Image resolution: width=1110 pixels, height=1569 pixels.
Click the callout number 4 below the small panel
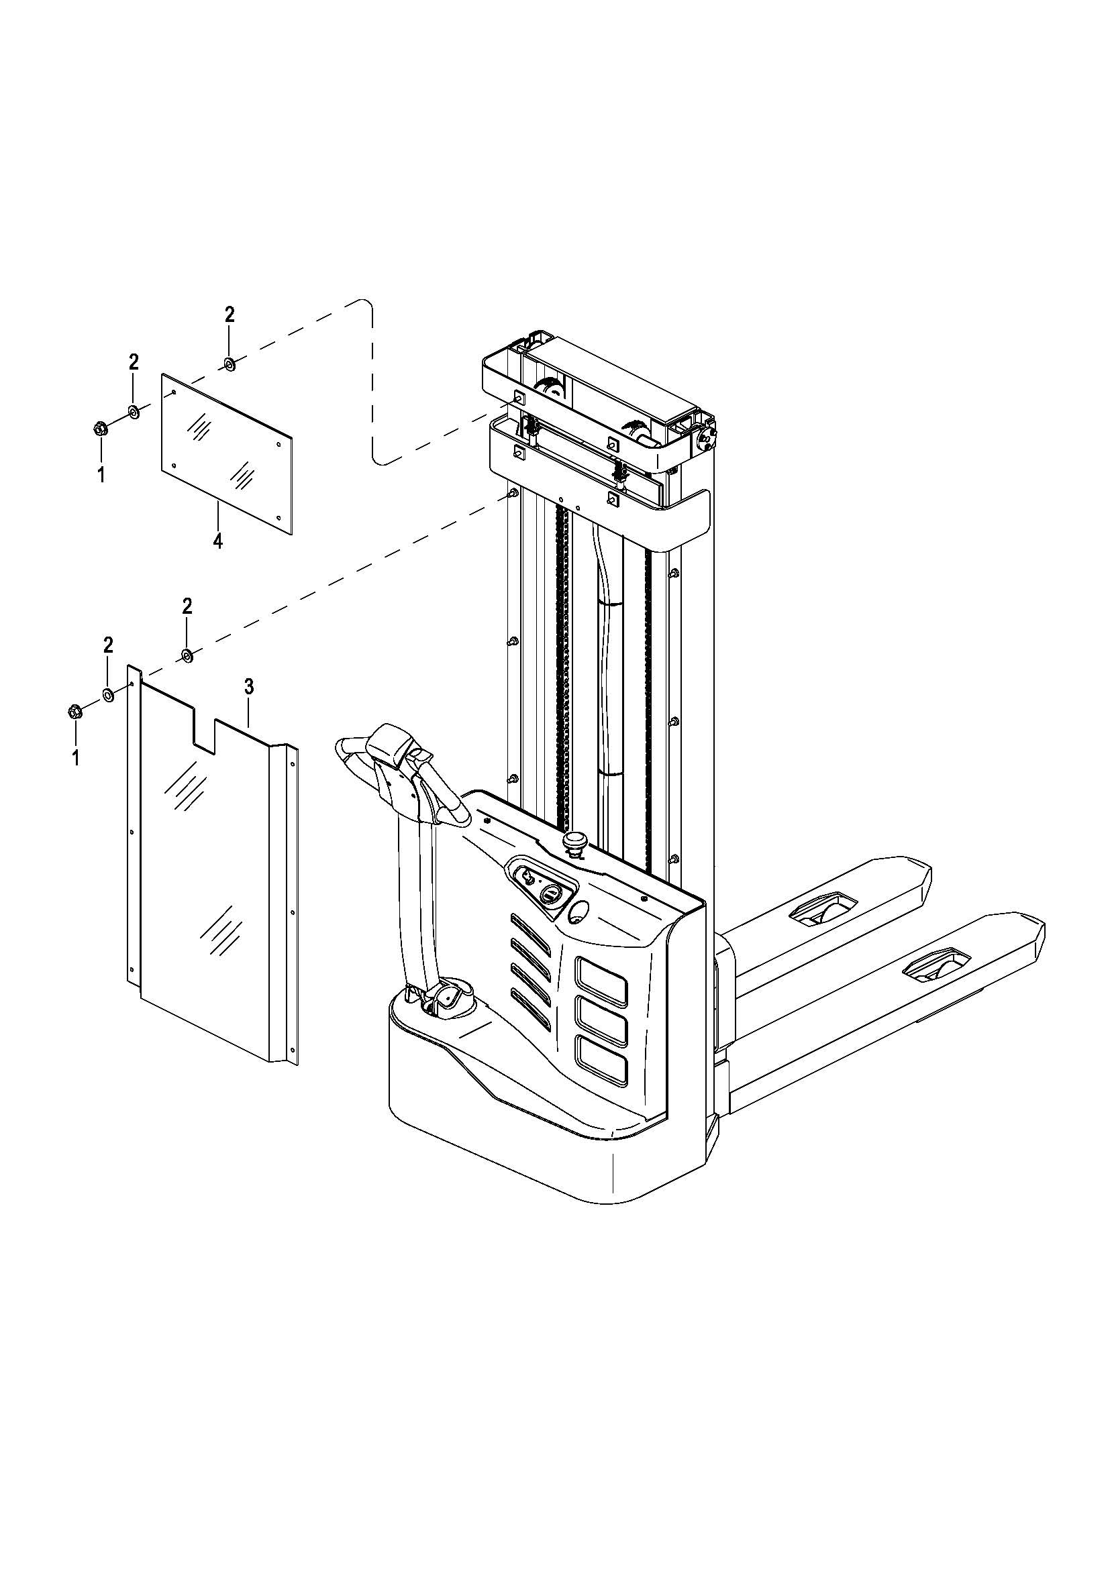coord(218,541)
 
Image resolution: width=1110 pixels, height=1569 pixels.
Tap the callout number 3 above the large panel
coord(249,687)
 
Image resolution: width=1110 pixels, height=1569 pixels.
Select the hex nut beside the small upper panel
coord(100,429)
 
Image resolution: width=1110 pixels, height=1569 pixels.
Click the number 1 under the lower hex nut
coord(76,758)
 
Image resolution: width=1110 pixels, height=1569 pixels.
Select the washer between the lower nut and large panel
coord(108,695)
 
